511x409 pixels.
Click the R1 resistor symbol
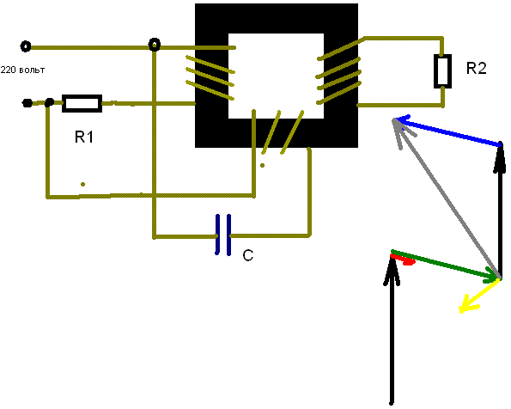(82, 104)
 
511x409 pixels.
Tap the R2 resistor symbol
(442, 71)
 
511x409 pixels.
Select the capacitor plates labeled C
(223, 235)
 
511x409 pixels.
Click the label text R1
(84, 137)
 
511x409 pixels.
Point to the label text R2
(476, 69)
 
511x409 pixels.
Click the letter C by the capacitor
(248, 255)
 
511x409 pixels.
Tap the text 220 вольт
(22, 70)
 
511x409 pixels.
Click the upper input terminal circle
(26, 46)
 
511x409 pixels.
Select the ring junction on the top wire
(154, 45)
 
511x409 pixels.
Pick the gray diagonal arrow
(445, 198)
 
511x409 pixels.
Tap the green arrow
(445, 265)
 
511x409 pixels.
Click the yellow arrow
(479, 296)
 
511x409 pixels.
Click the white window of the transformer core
(276, 76)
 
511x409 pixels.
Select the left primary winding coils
(210, 77)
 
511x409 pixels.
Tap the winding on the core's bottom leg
(283, 132)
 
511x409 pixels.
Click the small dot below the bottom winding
(262, 165)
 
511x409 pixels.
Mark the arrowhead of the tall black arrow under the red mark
(392, 271)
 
